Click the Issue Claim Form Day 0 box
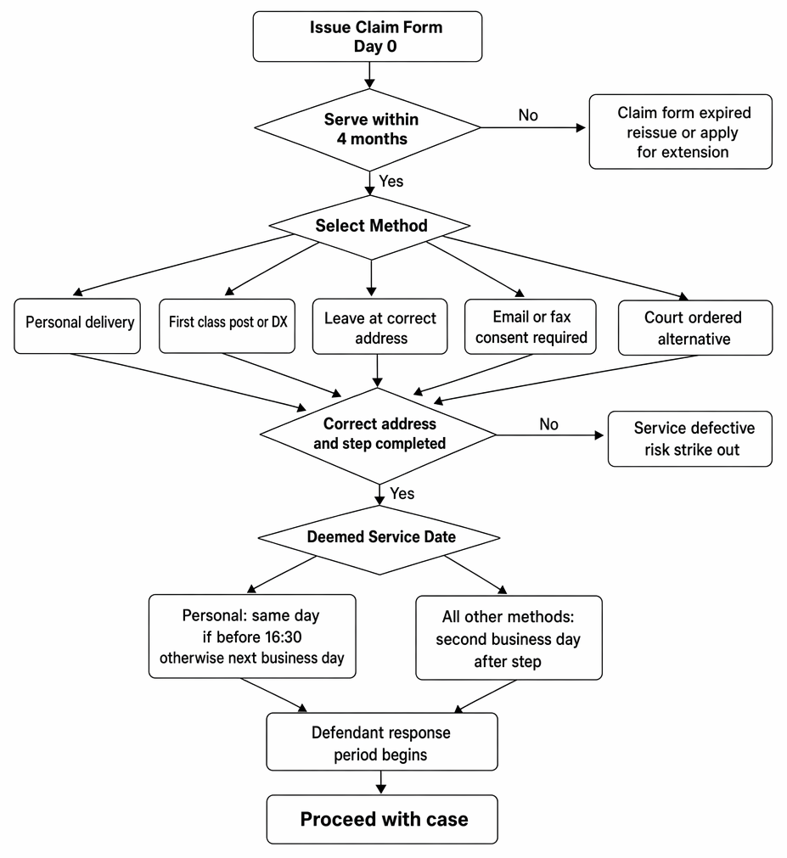(x=368, y=36)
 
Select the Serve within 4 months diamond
(x=368, y=130)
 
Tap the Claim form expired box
(x=680, y=132)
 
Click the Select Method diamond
(x=370, y=226)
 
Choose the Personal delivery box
(x=77, y=326)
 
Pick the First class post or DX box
(x=228, y=326)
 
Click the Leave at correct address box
(x=379, y=327)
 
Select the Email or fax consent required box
(x=531, y=327)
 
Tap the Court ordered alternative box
(x=695, y=328)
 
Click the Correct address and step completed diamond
(x=378, y=435)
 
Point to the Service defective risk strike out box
(x=690, y=439)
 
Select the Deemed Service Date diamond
(x=379, y=539)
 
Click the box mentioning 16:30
(x=252, y=636)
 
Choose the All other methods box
(x=509, y=638)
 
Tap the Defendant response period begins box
(x=382, y=742)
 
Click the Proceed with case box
(x=382, y=820)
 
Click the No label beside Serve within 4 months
(x=528, y=115)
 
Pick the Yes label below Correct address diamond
(x=402, y=494)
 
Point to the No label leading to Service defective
(x=549, y=424)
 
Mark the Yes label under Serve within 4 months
(x=391, y=181)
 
